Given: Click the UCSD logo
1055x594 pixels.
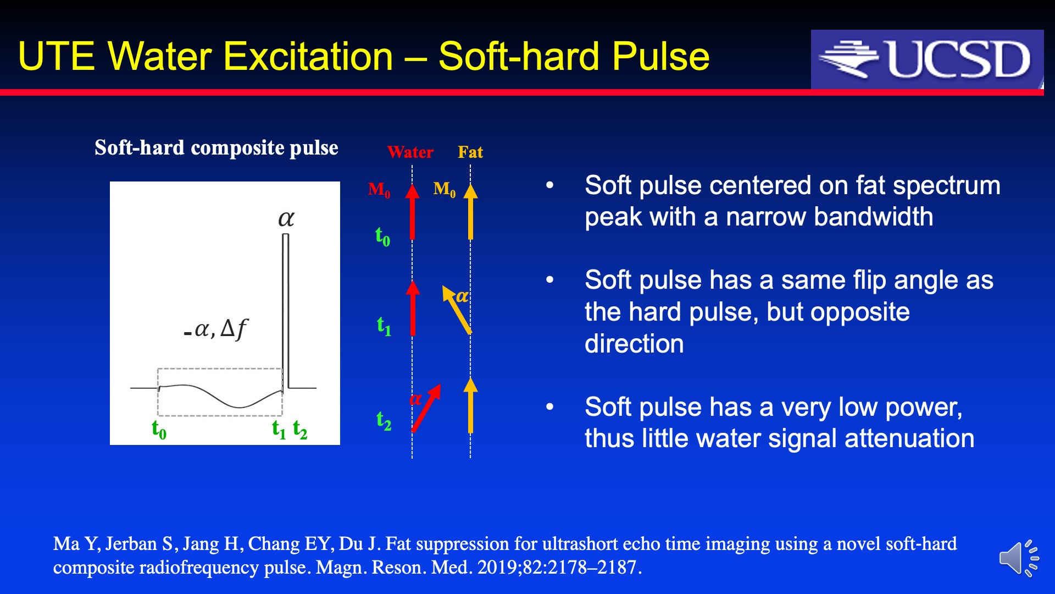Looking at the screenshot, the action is point(927,59).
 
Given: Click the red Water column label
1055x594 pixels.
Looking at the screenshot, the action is point(410,152).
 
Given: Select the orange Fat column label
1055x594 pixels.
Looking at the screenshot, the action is point(470,152).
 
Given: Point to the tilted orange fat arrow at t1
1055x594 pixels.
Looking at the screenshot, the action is point(457,310).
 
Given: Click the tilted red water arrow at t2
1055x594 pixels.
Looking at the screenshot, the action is point(426,408).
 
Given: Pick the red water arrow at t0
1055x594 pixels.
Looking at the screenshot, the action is point(412,212).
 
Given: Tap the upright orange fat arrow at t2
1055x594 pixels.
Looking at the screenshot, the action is point(470,405).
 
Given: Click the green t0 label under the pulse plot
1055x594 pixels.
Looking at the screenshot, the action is point(159,429).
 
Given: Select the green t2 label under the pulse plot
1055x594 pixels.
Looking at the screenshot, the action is point(300,429).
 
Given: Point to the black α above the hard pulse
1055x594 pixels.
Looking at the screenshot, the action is point(286,219).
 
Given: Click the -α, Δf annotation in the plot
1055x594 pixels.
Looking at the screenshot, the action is point(215,329).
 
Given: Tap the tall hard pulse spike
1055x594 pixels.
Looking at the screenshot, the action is point(285,311).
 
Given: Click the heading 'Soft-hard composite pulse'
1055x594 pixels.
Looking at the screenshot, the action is point(216,148).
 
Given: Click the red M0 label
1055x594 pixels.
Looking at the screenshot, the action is point(379,190).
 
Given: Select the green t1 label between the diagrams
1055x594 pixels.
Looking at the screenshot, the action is point(384,326).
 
